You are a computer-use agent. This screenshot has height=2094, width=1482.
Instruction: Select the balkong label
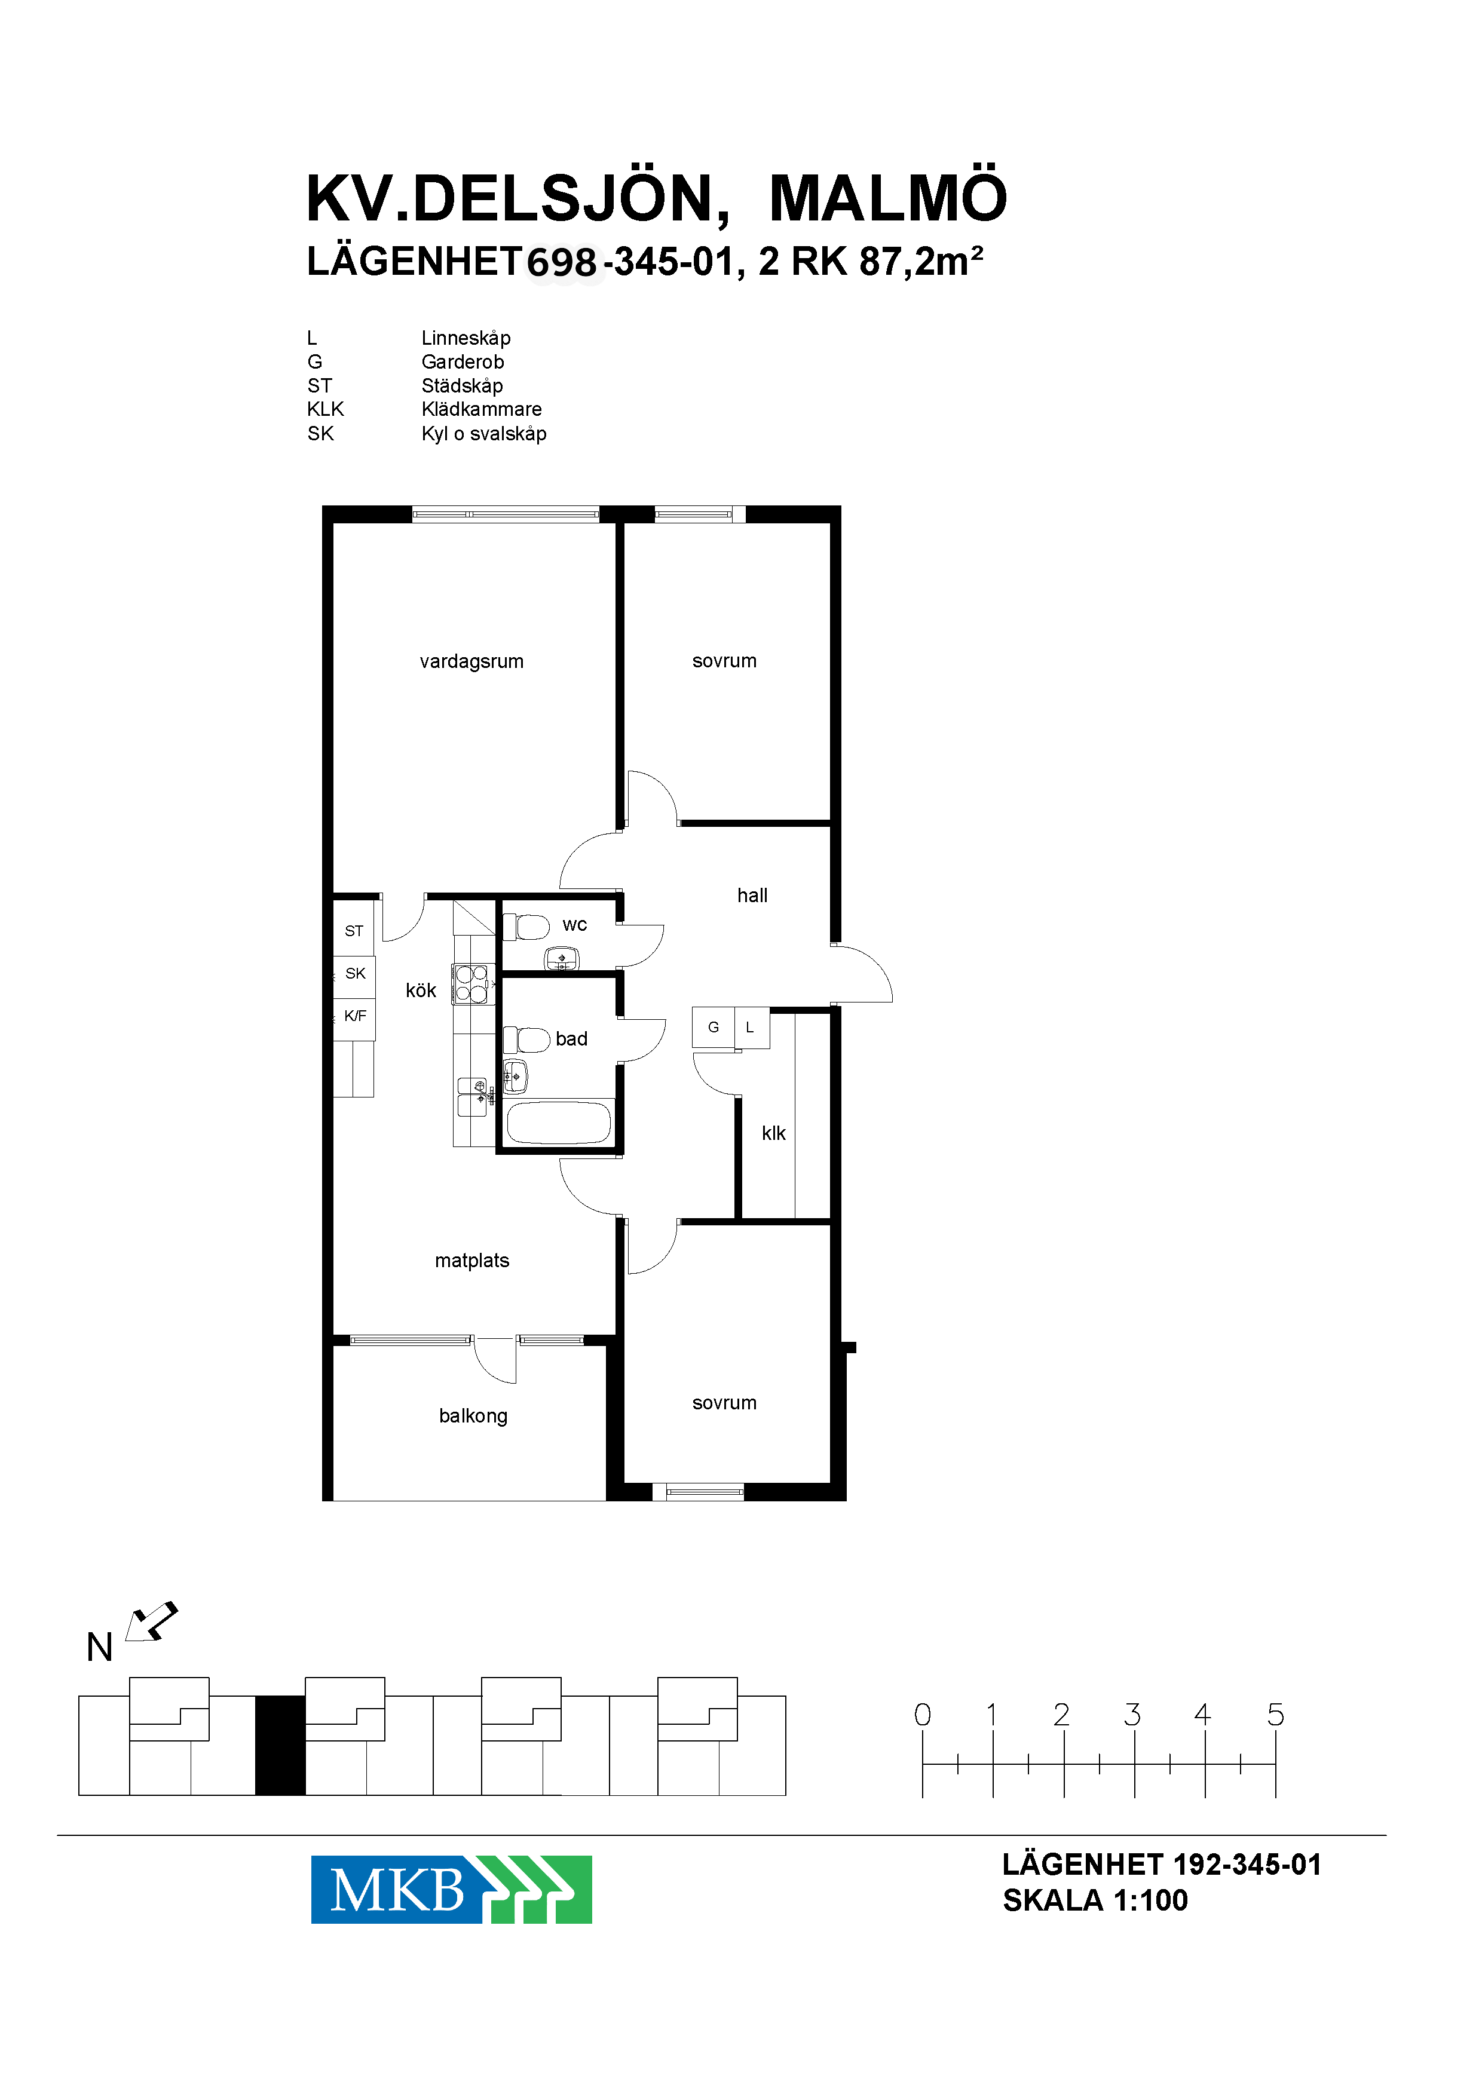(473, 1416)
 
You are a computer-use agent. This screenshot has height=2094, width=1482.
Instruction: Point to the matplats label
(472, 1261)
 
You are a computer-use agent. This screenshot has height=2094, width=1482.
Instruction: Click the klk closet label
(774, 1133)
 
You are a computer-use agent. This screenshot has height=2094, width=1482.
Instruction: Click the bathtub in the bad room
(559, 1122)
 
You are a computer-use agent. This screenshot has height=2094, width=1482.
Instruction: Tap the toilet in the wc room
(526, 927)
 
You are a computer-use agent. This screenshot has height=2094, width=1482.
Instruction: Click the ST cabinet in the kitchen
(354, 929)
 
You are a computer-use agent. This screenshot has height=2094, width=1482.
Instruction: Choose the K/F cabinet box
(354, 1016)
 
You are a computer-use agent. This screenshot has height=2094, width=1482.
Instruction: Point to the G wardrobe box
(714, 1028)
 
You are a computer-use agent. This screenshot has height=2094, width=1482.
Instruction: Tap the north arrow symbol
(151, 1622)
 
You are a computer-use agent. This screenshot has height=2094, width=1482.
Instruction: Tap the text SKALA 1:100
(1095, 1900)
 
